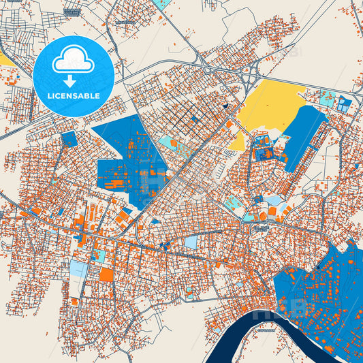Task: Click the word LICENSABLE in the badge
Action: click(x=73, y=96)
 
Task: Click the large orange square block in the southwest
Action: click(x=106, y=274)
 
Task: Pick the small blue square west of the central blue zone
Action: click(x=69, y=139)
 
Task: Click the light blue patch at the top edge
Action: click(x=163, y=3)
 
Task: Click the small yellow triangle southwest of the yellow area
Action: click(x=238, y=142)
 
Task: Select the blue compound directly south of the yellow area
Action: click(x=262, y=151)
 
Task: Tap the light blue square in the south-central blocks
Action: click(x=191, y=242)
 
